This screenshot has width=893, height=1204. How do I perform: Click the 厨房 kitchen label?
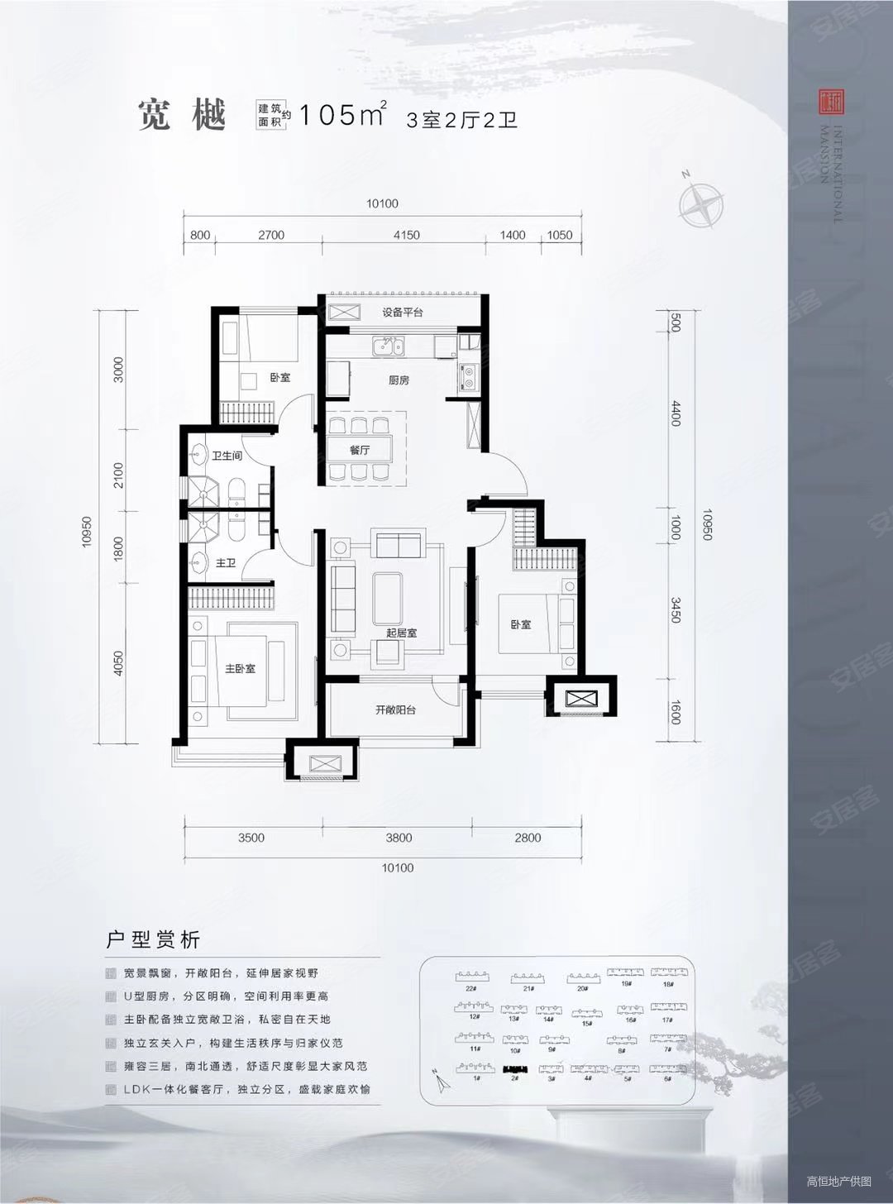[x=399, y=380]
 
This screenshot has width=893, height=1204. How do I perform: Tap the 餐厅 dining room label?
[x=359, y=451]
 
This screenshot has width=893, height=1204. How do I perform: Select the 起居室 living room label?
[x=401, y=633]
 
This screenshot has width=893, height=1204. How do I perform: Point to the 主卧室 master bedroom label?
[x=240, y=668]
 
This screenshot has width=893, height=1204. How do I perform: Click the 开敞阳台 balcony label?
[x=395, y=709]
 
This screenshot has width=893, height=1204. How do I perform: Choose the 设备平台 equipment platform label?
[x=402, y=313]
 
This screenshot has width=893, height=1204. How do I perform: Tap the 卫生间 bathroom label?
[x=227, y=456]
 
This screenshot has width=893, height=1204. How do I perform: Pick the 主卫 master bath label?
[x=225, y=563]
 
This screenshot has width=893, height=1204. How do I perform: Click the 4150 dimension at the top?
[x=406, y=235]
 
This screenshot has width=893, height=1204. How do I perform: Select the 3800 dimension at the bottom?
[x=399, y=838]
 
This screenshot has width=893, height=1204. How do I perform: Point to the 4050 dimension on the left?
[x=119, y=663]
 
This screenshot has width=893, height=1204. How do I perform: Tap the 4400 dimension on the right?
[x=676, y=413]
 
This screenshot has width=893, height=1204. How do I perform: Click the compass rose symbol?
[x=701, y=203]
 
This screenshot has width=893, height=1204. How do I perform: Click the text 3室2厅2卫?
[x=461, y=120]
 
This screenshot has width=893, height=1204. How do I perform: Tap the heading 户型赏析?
[x=154, y=940]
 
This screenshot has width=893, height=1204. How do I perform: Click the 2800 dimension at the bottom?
[x=528, y=838]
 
